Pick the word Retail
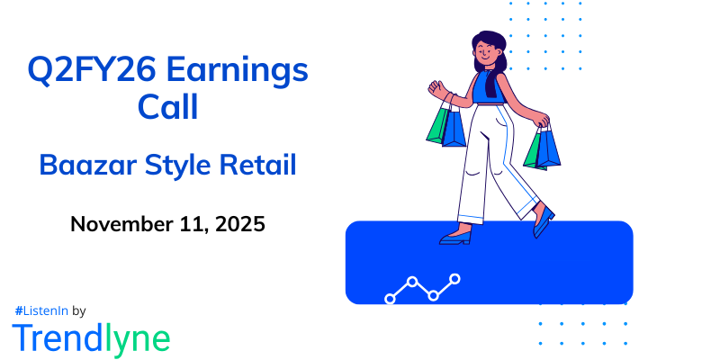[262, 166]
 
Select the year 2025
[238, 224]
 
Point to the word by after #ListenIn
[78, 310]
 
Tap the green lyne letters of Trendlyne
[136, 339]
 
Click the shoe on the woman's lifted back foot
[543, 222]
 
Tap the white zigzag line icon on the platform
[422, 287]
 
